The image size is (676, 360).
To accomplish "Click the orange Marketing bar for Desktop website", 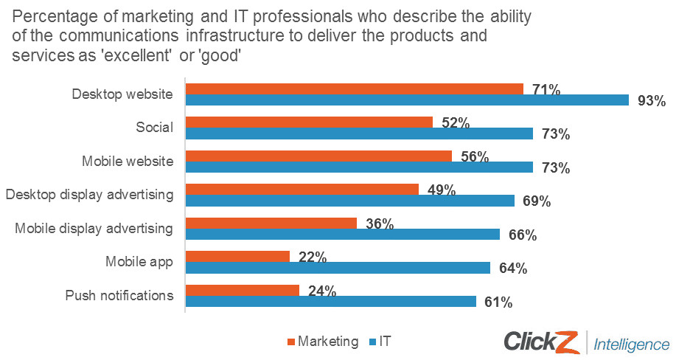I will coord(354,89).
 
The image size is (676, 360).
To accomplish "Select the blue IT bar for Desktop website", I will coord(406,100).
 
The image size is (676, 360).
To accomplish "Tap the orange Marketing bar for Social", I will coord(309,122).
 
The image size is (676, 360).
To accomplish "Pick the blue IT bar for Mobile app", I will coord(338,268).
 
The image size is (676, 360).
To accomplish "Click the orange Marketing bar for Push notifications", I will coord(242,290).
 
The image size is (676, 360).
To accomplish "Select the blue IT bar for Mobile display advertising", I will coord(343,235).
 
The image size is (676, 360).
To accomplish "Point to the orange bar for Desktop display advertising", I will coord(302,189).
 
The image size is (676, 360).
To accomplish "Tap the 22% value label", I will coord(313,257).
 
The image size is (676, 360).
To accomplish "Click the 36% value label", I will coord(380,224).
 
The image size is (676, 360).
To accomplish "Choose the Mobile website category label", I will coord(129,162).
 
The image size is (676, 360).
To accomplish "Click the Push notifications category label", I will coord(119,296).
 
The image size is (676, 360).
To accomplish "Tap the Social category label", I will coord(154,128).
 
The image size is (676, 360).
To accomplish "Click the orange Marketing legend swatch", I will coord(290,342).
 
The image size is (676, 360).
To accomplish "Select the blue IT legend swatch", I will coord(372,342).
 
